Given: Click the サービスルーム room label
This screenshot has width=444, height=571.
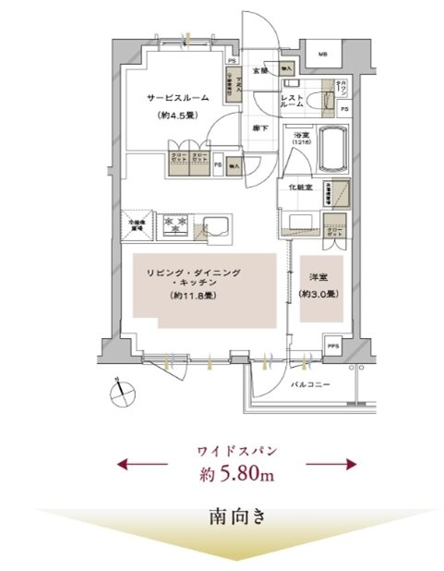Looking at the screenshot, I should [175, 97].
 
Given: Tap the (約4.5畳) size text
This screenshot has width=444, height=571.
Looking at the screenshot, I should [175, 117].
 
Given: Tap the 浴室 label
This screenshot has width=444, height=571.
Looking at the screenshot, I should [300, 136].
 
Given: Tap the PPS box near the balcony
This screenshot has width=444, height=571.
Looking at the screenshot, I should [332, 347].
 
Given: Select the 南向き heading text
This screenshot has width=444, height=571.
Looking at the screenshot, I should [235, 516].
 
